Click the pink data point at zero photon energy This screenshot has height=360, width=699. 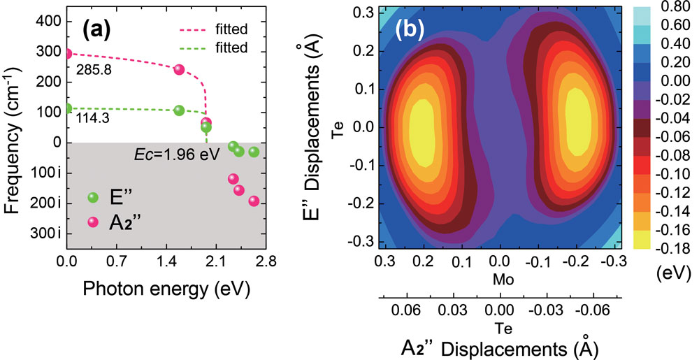(68, 53)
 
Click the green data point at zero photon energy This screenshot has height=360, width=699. (68, 108)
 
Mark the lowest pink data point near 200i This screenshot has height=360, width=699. (254, 201)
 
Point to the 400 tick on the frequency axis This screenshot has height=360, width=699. (46, 22)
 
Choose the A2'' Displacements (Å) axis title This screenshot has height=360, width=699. (498, 347)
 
